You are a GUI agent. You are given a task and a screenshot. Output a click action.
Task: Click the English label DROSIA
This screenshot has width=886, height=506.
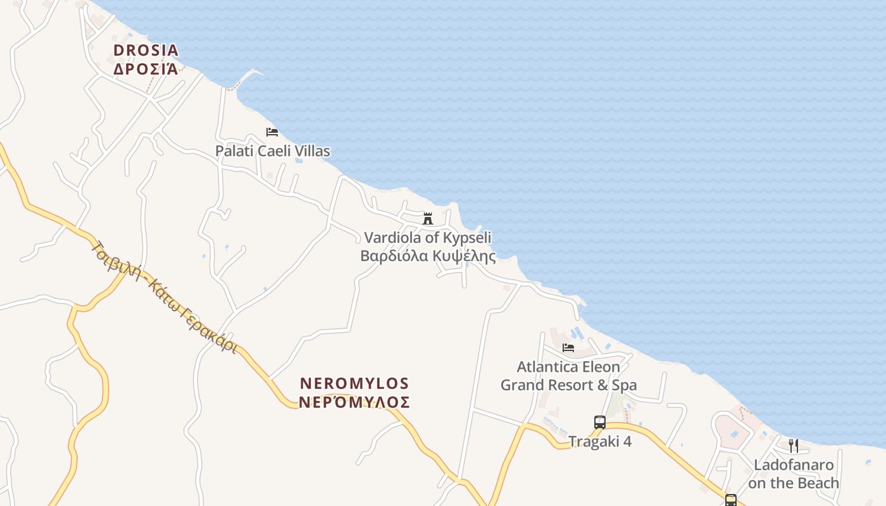click(x=146, y=50)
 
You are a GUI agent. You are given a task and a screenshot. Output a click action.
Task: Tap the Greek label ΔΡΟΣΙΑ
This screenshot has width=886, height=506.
click(x=146, y=68)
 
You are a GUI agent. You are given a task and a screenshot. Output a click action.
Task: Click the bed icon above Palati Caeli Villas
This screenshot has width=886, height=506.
click(x=272, y=132)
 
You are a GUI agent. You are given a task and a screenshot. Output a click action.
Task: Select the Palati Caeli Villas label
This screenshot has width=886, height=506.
click(x=272, y=151)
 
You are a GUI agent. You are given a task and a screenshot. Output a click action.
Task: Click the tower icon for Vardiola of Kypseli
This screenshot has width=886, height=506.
click(x=428, y=219)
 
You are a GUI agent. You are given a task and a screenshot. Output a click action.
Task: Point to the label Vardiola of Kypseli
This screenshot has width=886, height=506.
click(x=428, y=238)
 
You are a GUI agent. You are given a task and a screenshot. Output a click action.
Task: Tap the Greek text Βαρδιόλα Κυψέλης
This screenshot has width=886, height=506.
click(x=428, y=256)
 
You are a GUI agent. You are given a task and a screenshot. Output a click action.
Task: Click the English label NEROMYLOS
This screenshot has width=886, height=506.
click(x=354, y=384)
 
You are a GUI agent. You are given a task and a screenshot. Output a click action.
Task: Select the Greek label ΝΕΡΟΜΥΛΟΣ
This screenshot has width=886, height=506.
click(x=354, y=402)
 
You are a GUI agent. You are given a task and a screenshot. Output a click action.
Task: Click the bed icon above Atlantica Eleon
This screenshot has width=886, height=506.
click(x=568, y=347)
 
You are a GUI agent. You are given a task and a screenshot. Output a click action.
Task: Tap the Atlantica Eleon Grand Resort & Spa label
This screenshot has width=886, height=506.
click(x=568, y=376)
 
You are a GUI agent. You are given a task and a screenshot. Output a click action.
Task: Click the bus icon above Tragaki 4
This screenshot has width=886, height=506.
click(x=599, y=422)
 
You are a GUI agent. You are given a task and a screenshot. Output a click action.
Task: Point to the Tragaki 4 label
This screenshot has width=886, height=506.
click(x=599, y=441)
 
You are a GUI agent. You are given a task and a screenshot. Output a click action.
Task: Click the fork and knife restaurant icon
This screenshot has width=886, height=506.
click(x=793, y=446)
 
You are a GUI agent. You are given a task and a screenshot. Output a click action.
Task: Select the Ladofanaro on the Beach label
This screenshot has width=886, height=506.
click(x=793, y=474)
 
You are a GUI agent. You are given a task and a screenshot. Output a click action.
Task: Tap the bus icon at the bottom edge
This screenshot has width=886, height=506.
click(x=731, y=500)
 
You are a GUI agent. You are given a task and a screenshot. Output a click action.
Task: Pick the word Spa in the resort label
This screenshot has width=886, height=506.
click(x=623, y=385)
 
